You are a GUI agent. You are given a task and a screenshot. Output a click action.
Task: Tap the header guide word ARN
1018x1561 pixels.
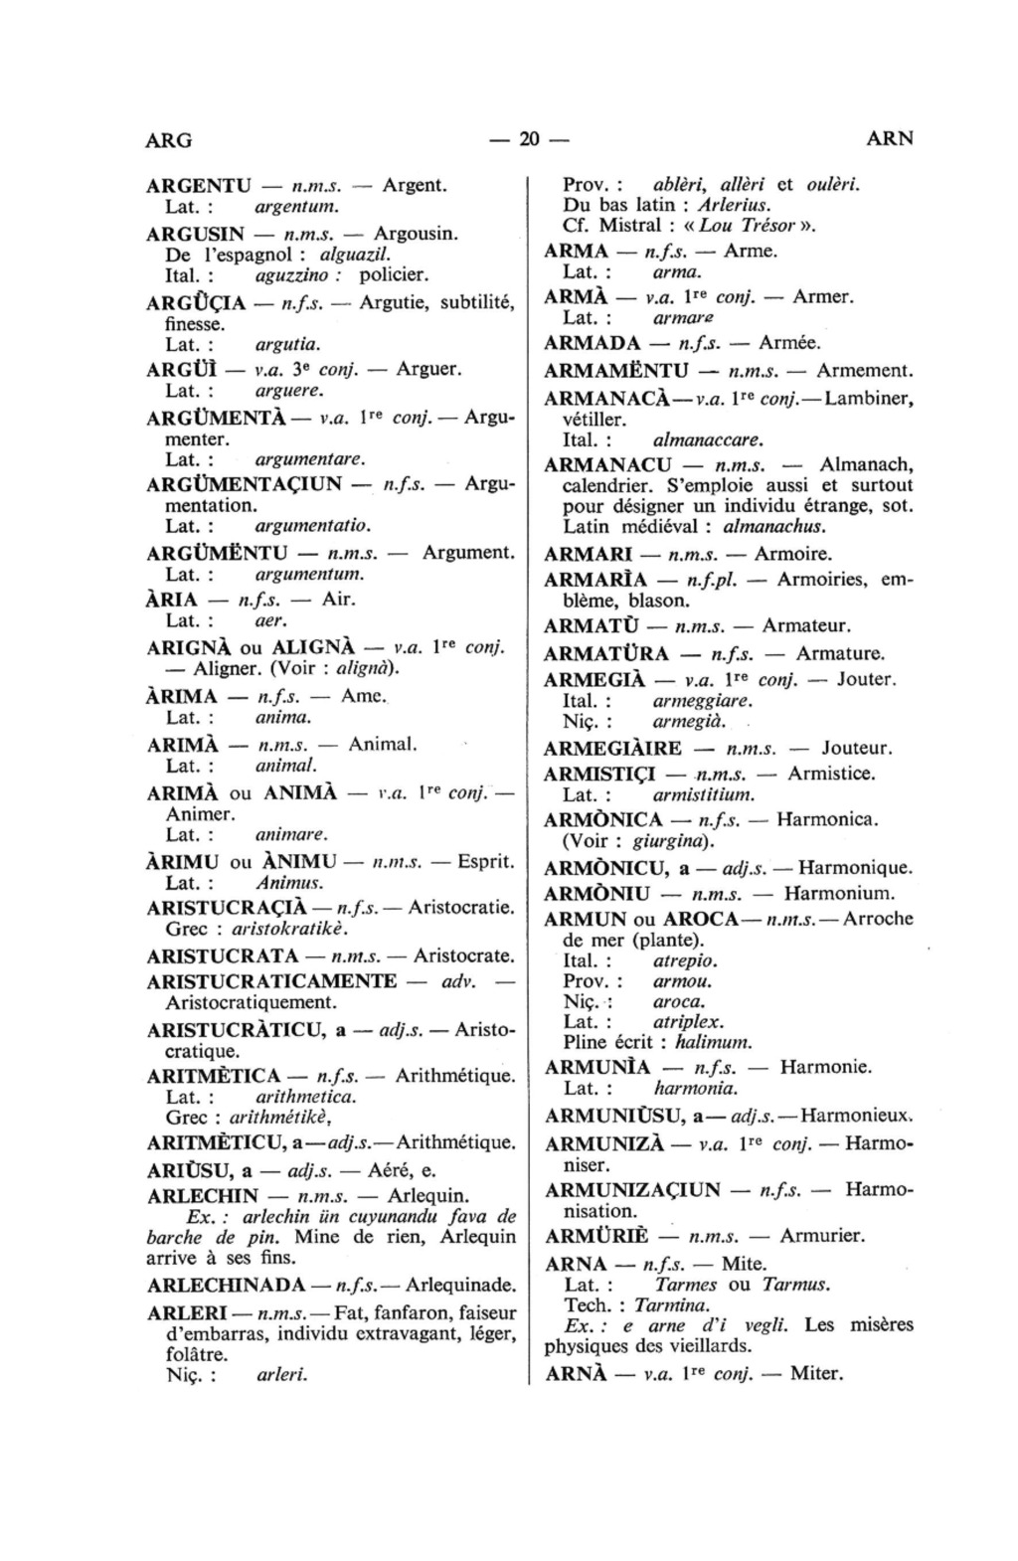(x=890, y=139)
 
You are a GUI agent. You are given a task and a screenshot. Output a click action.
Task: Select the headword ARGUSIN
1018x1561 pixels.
(x=196, y=234)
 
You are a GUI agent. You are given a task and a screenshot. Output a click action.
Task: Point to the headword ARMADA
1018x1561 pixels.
(x=593, y=343)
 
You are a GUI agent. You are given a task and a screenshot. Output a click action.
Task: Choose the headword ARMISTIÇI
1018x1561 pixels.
(x=600, y=773)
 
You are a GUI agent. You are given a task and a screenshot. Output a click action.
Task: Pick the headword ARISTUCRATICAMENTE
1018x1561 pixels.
(x=271, y=981)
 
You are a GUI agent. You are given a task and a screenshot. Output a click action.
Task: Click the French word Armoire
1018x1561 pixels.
(x=793, y=554)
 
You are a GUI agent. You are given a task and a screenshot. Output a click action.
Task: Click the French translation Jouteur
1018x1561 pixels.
(x=857, y=748)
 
